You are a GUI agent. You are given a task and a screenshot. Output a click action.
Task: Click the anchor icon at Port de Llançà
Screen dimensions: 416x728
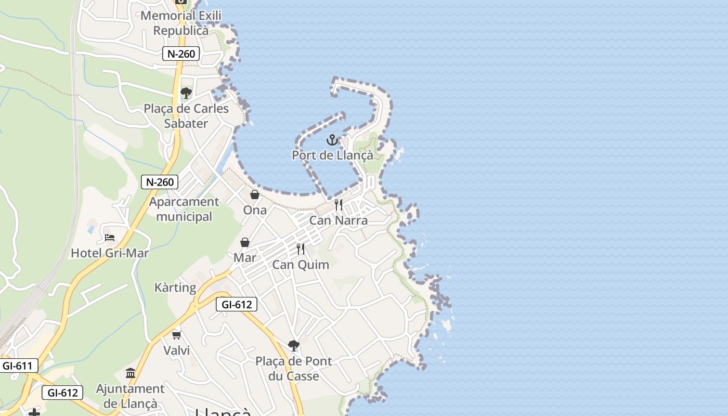click(x=332, y=140)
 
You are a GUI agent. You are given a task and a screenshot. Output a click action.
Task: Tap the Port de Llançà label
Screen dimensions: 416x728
click(x=332, y=155)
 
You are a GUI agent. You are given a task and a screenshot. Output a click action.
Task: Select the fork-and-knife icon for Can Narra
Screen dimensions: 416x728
click(x=339, y=205)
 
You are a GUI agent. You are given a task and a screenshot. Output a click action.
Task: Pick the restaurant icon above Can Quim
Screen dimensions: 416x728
click(x=301, y=249)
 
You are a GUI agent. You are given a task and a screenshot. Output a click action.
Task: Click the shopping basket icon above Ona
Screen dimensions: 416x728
click(x=255, y=194)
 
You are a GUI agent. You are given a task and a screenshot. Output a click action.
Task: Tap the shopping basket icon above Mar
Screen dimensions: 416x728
click(x=245, y=242)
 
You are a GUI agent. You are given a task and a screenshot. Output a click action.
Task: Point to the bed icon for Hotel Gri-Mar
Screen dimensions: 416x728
click(x=110, y=238)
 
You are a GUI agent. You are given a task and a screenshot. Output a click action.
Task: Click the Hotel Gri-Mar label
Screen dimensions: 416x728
click(x=110, y=253)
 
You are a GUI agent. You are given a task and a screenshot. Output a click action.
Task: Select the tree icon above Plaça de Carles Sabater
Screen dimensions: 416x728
click(x=186, y=93)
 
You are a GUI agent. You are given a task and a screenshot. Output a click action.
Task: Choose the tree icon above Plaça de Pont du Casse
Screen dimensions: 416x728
click(x=294, y=345)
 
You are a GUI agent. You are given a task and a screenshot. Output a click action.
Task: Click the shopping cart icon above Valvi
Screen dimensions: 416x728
click(x=177, y=335)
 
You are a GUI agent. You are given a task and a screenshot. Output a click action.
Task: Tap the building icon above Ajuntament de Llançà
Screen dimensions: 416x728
click(x=131, y=373)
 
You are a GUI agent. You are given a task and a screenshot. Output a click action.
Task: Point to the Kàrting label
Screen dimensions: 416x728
click(x=175, y=288)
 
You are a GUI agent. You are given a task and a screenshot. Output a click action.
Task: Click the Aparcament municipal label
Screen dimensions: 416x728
click(x=184, y=209)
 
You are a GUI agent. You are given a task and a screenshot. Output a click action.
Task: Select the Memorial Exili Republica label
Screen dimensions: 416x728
click(x=181, y=23)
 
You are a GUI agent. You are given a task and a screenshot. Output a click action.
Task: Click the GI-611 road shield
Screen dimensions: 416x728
click(x=17, y=366)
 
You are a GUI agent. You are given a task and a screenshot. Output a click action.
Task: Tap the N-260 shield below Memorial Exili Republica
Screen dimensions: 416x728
click(x=181, y=54)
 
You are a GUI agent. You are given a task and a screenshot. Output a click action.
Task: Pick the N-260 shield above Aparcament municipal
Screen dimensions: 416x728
click(x=160, y=182)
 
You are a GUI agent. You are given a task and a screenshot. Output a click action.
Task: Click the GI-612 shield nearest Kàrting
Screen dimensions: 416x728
click(x=237, y=305)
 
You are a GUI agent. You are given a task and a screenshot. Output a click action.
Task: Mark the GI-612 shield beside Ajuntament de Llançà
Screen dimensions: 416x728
click(x=62, y=393)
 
